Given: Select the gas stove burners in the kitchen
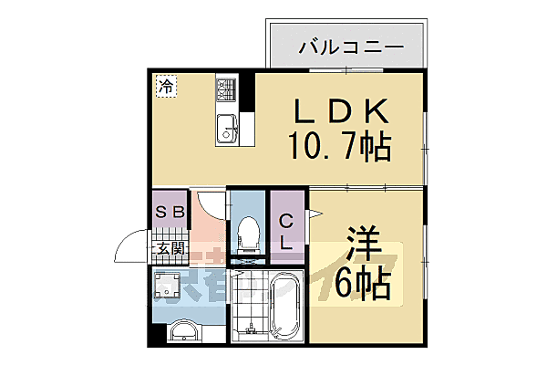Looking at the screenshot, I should [x=225, y=89].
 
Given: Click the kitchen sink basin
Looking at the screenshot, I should [x=227, y=130].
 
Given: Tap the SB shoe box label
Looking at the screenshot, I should [x=169, y=213].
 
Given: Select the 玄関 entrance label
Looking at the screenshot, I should [x=169, y=247].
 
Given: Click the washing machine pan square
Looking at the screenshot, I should [x=170, y=287].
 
